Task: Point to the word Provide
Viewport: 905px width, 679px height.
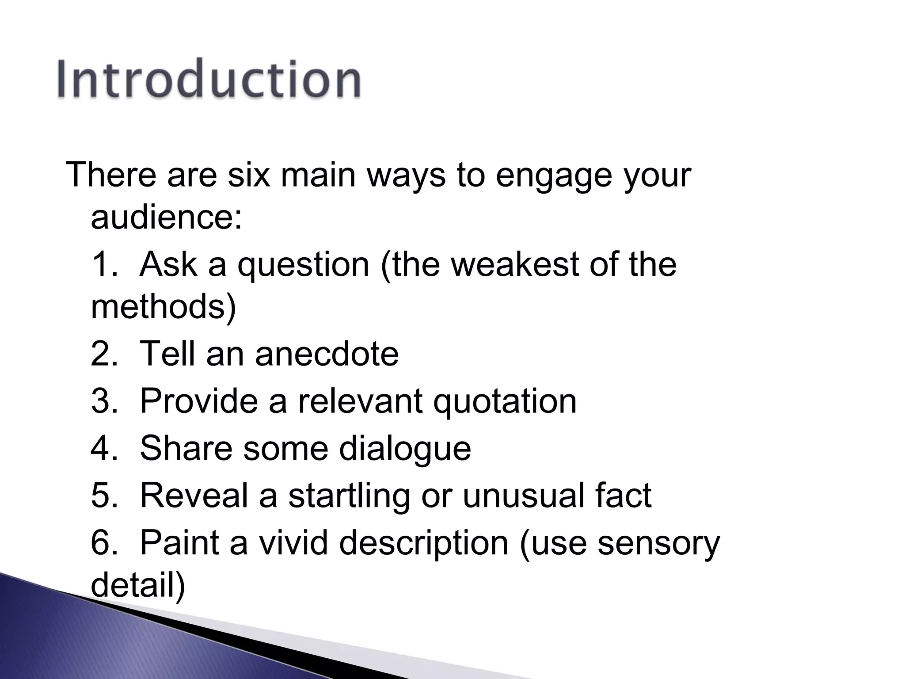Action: coord(198,401)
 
